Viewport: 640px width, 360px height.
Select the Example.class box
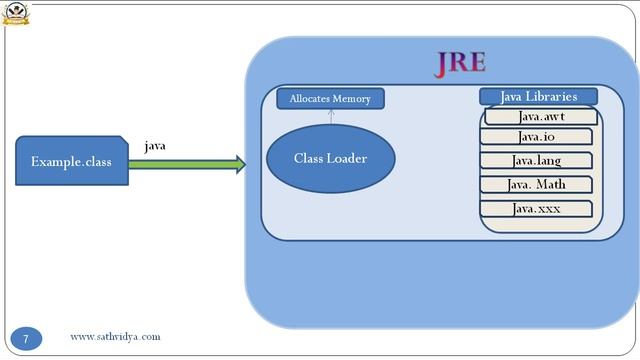click(x=71, y=162)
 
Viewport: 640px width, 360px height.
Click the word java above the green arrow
click(x=155, y=145)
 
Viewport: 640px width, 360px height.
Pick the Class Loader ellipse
click(x=330, y=158)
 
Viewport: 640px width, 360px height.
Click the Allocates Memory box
click(x=330, y=98)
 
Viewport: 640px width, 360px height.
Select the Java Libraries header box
click(x=538, y=96)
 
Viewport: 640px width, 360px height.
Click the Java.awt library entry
click(x=541, y=116)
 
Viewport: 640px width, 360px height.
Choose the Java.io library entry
click(x=536, y=137)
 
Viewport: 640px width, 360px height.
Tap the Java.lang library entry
click(x=536, y=160)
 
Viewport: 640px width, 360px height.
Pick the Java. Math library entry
click(x=536, y=184)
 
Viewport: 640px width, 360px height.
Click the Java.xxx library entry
click(x=536, y=209)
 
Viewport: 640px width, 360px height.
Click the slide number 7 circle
click(x=27, y=338)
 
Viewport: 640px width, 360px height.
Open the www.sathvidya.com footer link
click(x=115, y=337)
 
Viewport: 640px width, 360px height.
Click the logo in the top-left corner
click(x=16, y=13)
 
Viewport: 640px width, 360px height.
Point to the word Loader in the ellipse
click(x=348, y=158)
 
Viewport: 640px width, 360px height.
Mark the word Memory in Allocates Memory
click(x=353, y=98)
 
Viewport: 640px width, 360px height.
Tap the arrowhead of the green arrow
click(x=239, y=164)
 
